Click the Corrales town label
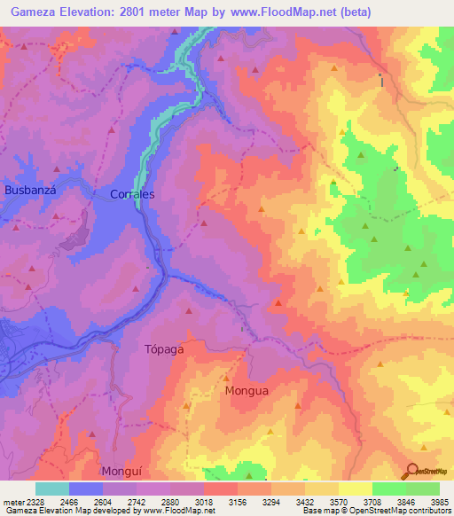click(132, 193)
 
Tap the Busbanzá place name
click(32, 190)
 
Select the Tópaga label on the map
click(164, 348)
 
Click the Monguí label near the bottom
click(122, 471)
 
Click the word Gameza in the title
click(33, 12)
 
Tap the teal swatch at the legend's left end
click(52, 489)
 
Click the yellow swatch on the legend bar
click(355, 489)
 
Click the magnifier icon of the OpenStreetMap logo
click(411, 471)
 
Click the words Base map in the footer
click(317, 511)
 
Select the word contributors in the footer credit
click(429, 511)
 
